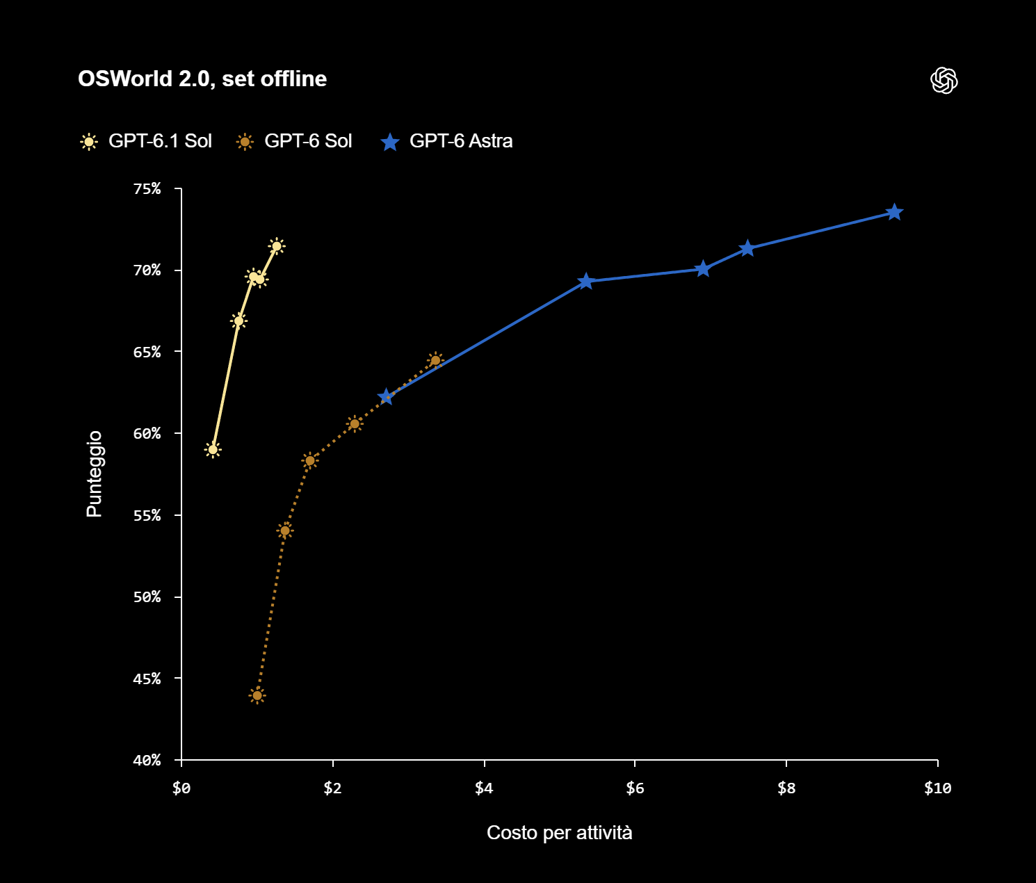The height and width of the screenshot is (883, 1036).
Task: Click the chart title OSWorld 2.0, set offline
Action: point(202,79)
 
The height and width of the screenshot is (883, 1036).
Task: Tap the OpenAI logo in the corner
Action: point(944,80)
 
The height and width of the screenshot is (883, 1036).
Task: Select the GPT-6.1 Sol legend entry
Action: point(146,141)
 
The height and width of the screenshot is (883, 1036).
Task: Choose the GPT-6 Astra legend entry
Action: point(446,141)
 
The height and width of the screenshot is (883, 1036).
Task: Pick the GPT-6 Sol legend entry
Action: point(293,141)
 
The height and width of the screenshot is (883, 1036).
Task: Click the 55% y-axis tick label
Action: point(147,515)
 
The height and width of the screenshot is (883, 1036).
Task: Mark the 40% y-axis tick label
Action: point(147,760)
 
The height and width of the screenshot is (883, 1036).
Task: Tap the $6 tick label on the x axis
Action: point(635,788)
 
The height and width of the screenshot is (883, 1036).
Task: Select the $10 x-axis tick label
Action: point(937,788)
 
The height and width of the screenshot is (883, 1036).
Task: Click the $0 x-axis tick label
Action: point(181,788)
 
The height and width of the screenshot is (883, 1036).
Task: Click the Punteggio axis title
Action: point(95,473)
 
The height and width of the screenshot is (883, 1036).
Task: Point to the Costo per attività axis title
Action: point(559,832)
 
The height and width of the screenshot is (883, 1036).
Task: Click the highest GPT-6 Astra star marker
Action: point(894,213)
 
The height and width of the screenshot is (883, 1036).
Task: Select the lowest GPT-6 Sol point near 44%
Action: point(257,695)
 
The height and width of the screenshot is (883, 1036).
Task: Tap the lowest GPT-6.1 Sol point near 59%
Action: point(213,450)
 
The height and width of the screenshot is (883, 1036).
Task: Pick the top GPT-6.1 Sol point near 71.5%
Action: point(277,246)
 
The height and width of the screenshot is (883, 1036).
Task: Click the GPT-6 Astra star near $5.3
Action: point(585,282)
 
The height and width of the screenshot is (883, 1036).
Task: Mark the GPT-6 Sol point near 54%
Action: point(284,530)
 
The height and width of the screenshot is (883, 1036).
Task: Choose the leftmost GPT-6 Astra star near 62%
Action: point(386,398)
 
